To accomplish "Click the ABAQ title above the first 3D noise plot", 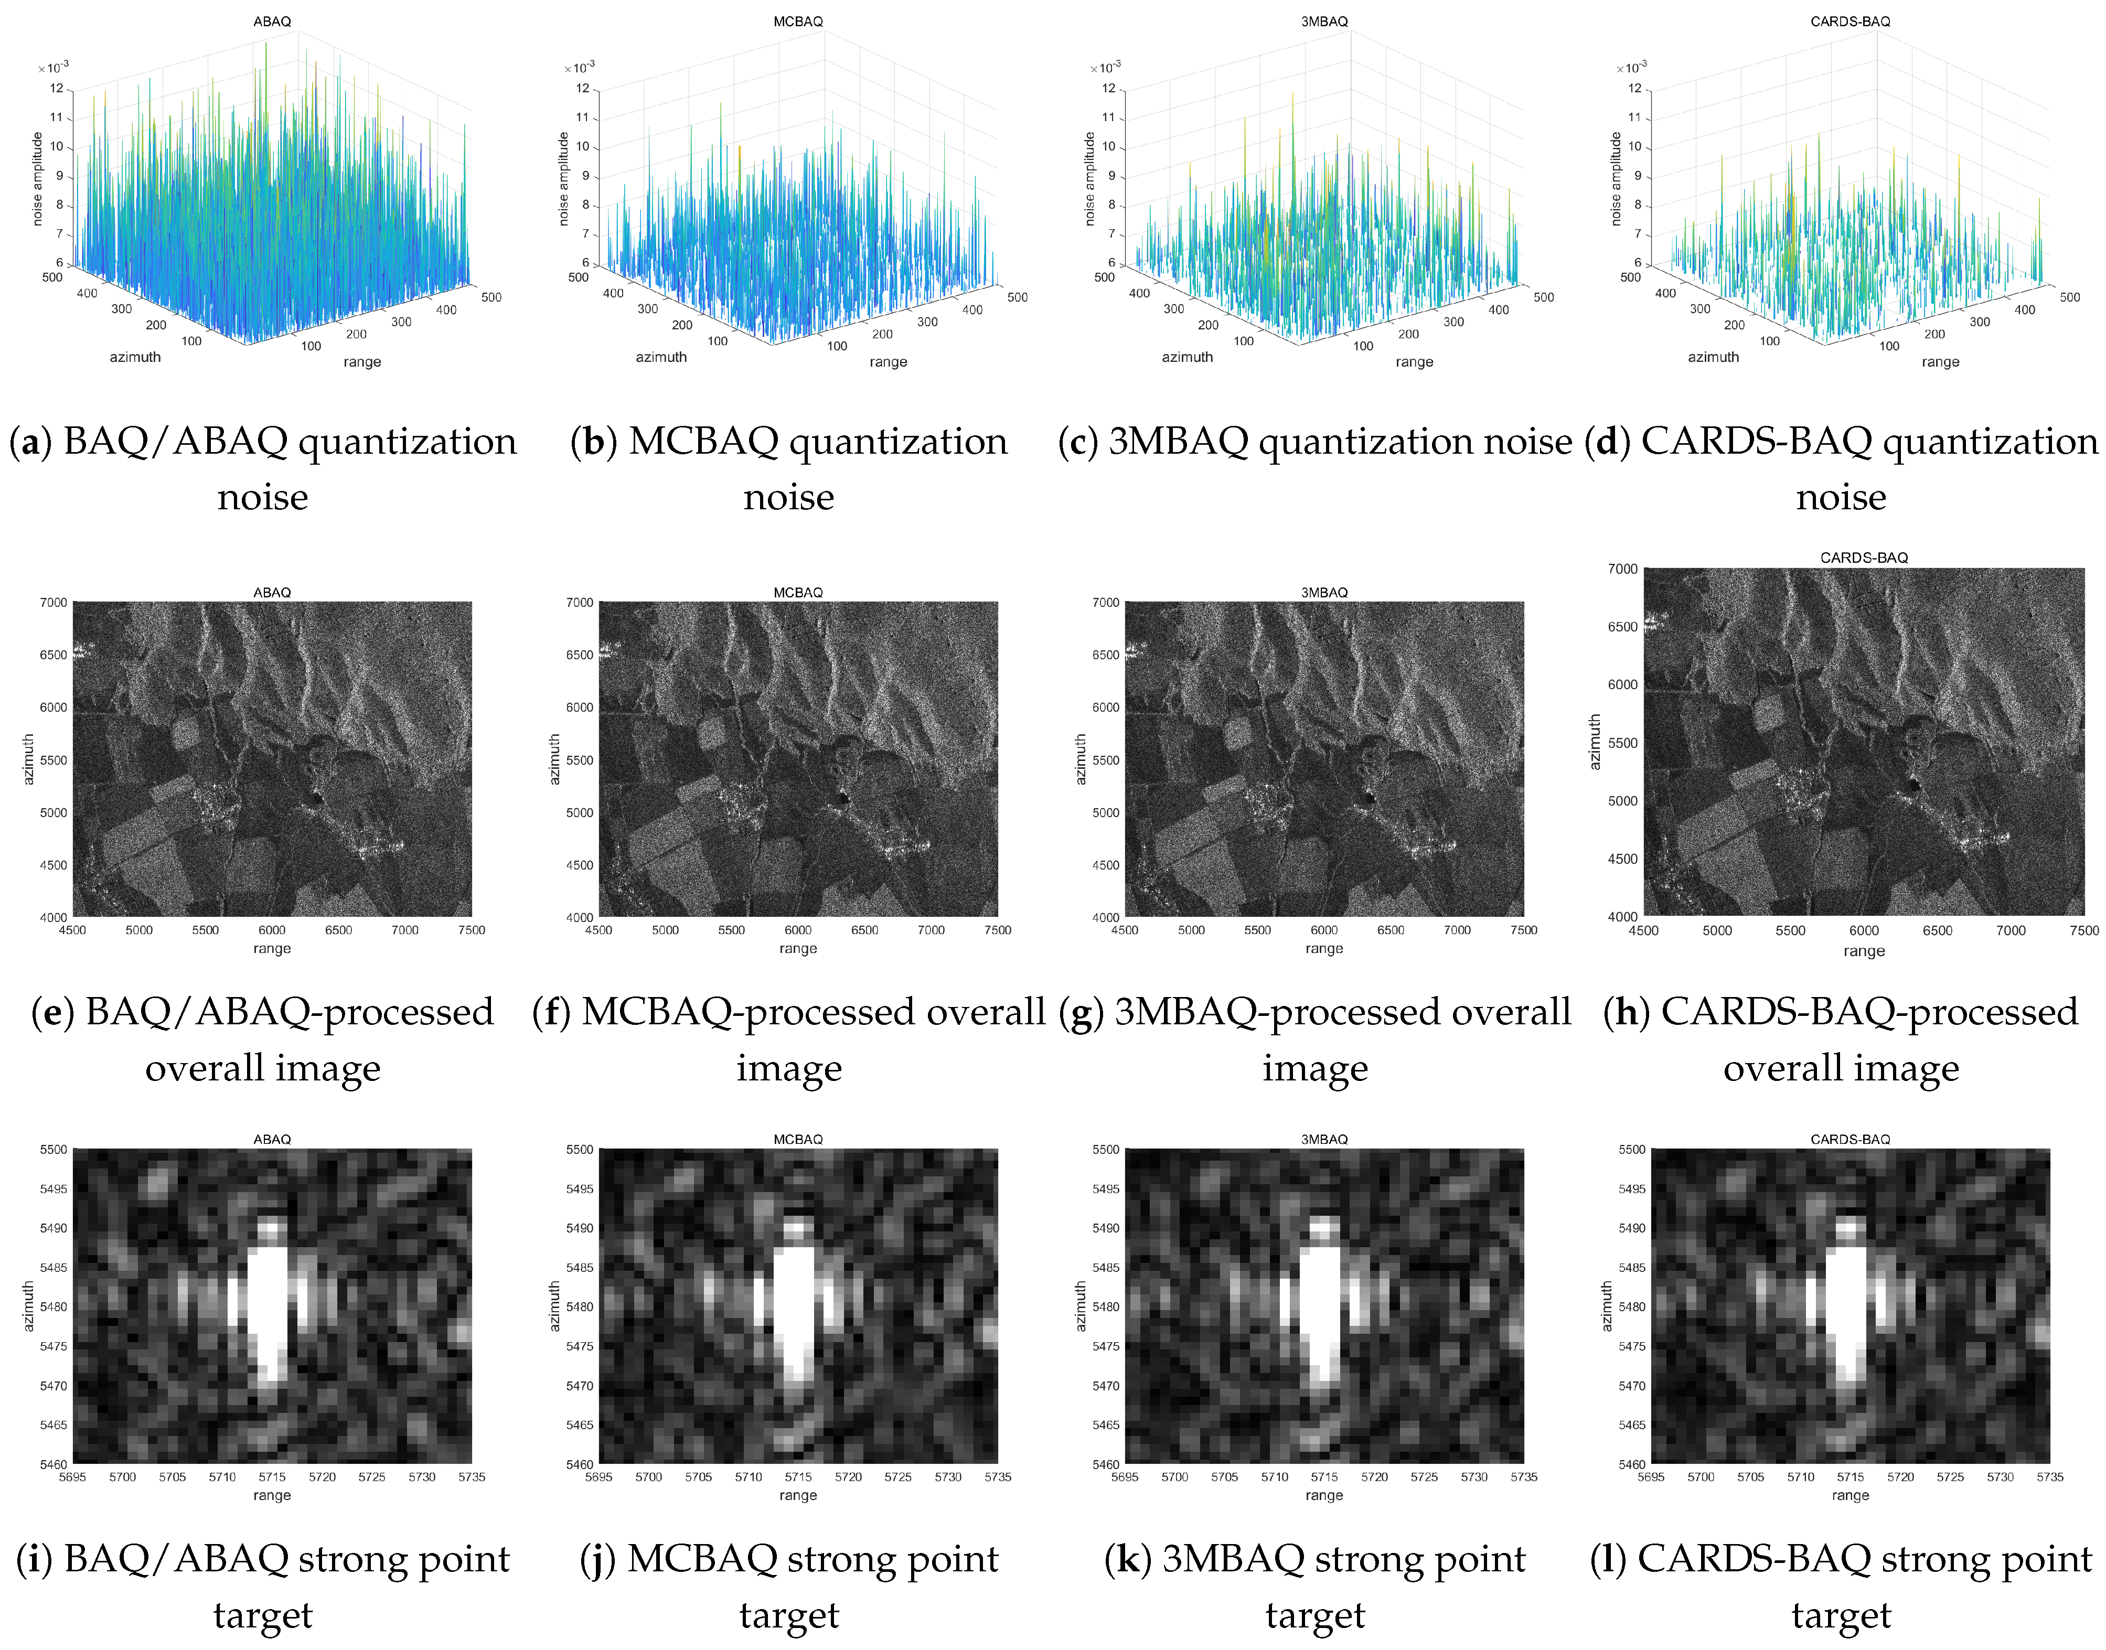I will (x=272, y=22).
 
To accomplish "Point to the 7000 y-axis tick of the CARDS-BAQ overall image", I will (x=1622, y=569).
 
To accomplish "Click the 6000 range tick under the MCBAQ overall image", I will (x=798, y=930).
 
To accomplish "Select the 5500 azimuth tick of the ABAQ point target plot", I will (x=53, y=1150).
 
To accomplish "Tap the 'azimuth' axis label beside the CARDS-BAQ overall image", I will (x=1595, y=742).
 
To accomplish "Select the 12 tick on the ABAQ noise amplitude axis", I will (x=57, y=88).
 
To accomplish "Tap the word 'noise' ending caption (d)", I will (x=1841, y=498).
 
